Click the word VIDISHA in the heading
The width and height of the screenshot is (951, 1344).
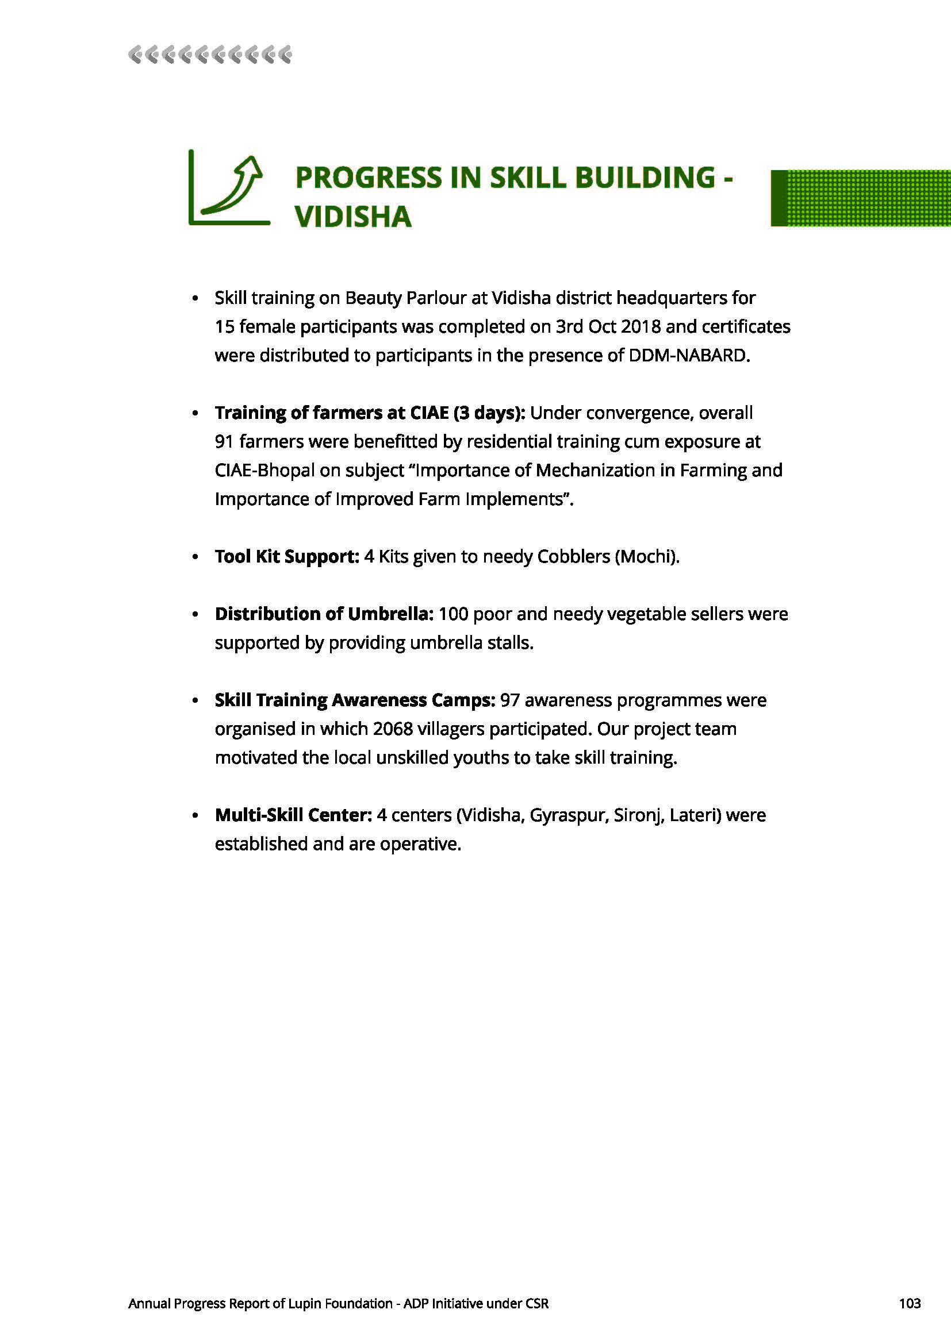coord(353,217)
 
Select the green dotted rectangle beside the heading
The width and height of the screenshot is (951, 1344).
coord(860,198)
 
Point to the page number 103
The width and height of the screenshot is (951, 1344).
coord(910,1303)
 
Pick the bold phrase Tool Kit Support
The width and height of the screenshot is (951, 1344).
coord(287,556)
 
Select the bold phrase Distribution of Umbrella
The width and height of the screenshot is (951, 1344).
coord(324,614)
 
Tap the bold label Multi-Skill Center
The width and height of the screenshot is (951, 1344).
coord(293,815)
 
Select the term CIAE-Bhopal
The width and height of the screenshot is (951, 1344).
coord(264,470)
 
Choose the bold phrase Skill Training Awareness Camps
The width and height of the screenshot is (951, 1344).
coord(355,700)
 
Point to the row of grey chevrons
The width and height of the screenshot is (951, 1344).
coord(210,55)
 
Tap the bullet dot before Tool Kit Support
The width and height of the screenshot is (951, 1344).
coord(195,557)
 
